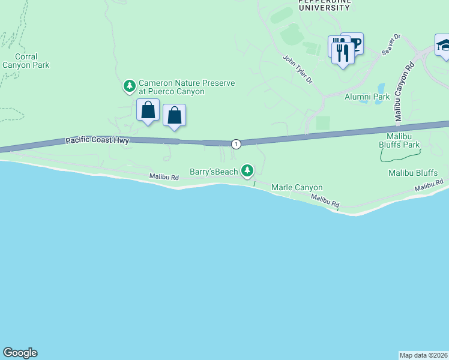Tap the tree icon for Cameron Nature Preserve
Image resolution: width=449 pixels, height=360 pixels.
[x=129, y=87]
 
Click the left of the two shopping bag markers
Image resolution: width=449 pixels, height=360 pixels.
[x=148, y=110]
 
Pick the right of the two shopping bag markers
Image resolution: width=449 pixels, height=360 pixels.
[x=174, y=115]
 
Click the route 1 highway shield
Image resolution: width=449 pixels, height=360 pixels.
[x=237, y=143]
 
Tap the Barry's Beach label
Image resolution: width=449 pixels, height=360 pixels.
[x=214, y=172]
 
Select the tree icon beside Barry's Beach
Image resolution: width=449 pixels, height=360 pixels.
[x=247, y=171]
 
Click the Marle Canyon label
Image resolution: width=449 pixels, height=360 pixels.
[x=297, y=188]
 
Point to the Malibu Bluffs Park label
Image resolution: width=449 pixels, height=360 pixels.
[x=399, y=140]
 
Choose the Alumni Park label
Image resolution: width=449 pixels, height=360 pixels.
[x=367, y=96]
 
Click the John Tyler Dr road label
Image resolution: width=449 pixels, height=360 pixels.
[x=298, y=70]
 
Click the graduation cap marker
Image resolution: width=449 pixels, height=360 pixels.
[x=444, y=46]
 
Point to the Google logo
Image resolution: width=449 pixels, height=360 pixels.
[x=20, y=353]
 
